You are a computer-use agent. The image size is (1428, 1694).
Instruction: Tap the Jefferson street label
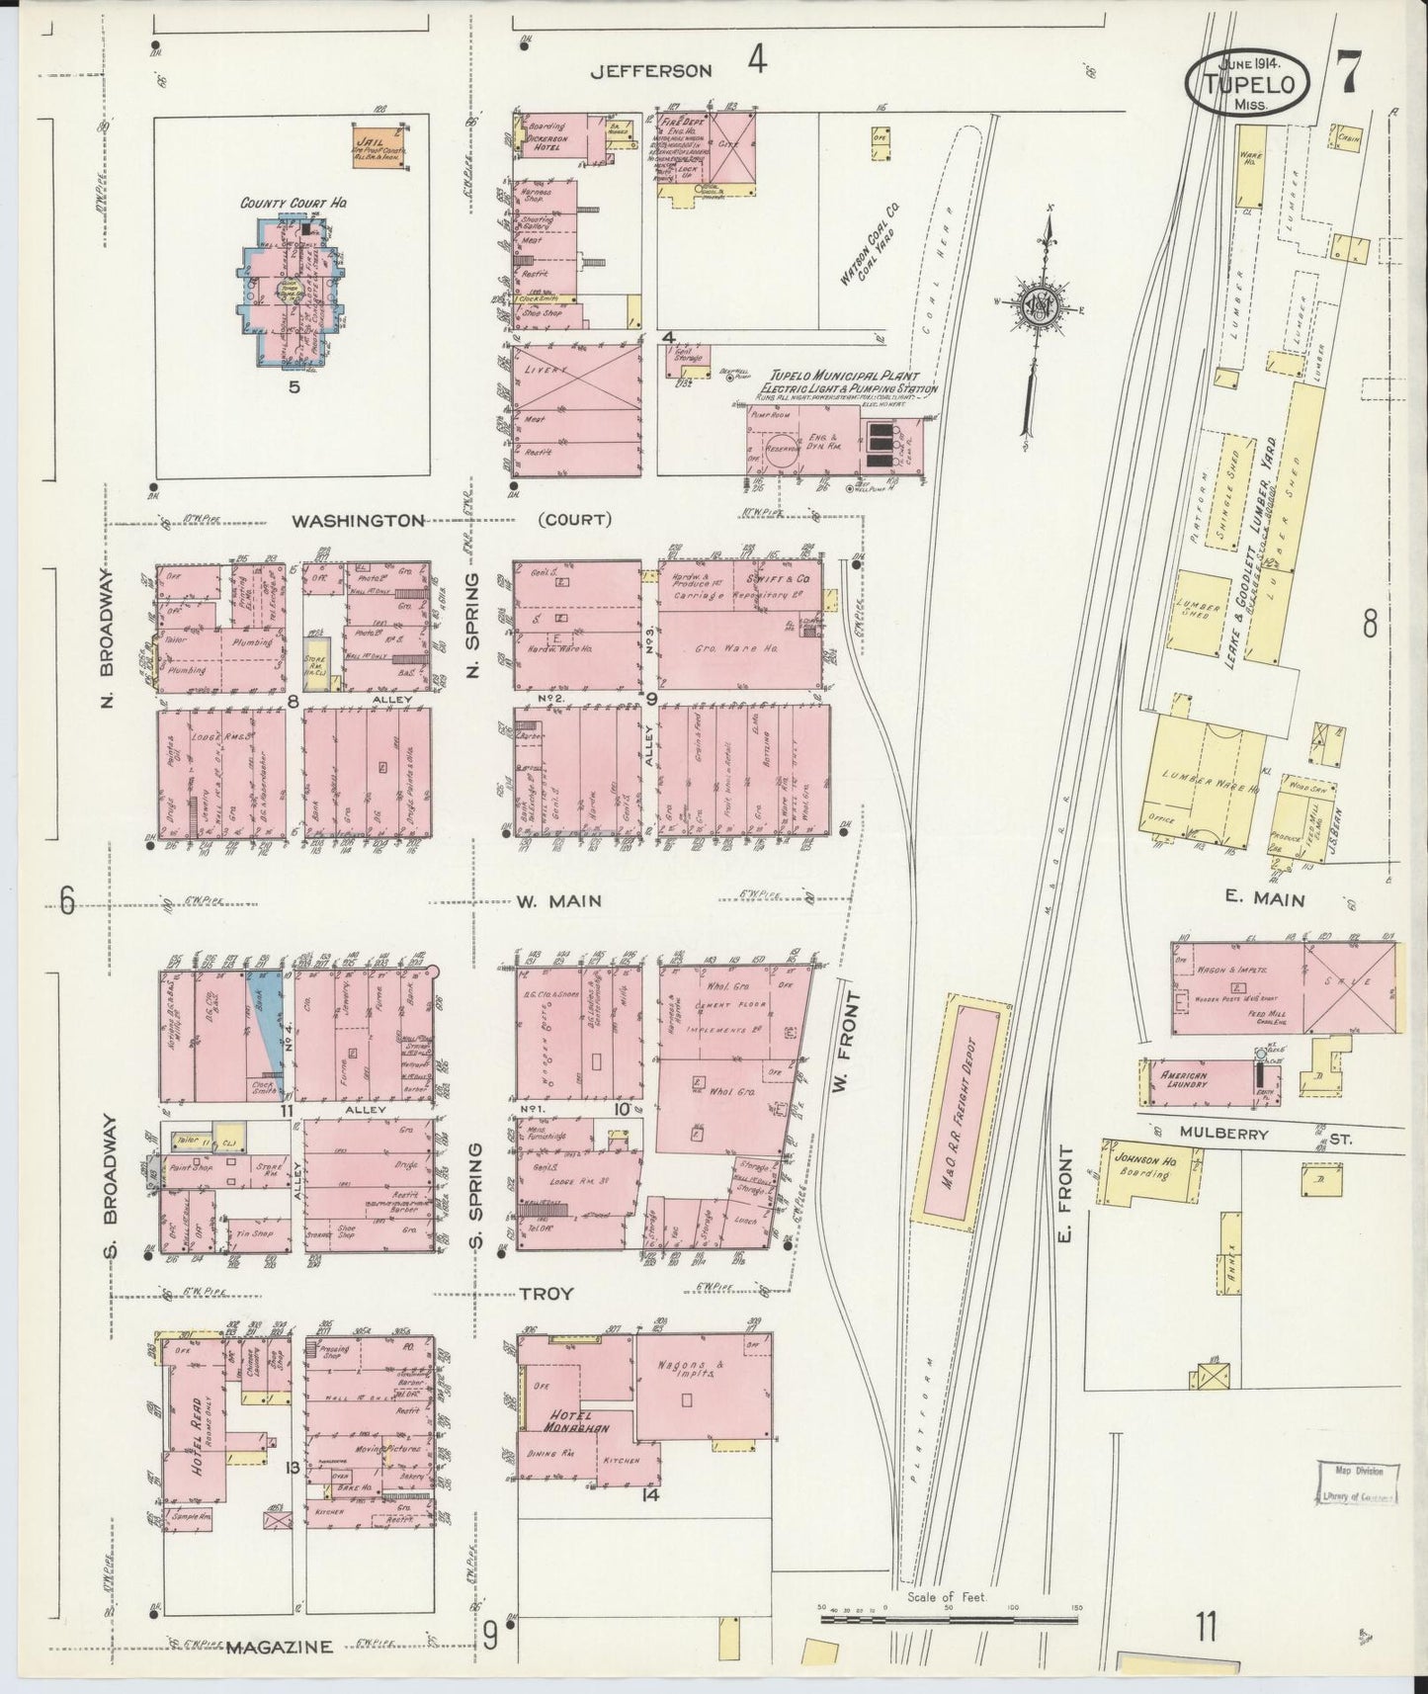(x=651, y=70)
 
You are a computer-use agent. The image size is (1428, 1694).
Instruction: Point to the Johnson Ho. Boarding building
(x=1146, y=1169)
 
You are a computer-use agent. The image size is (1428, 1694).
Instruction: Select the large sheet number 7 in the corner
(x=1347, y=72)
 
